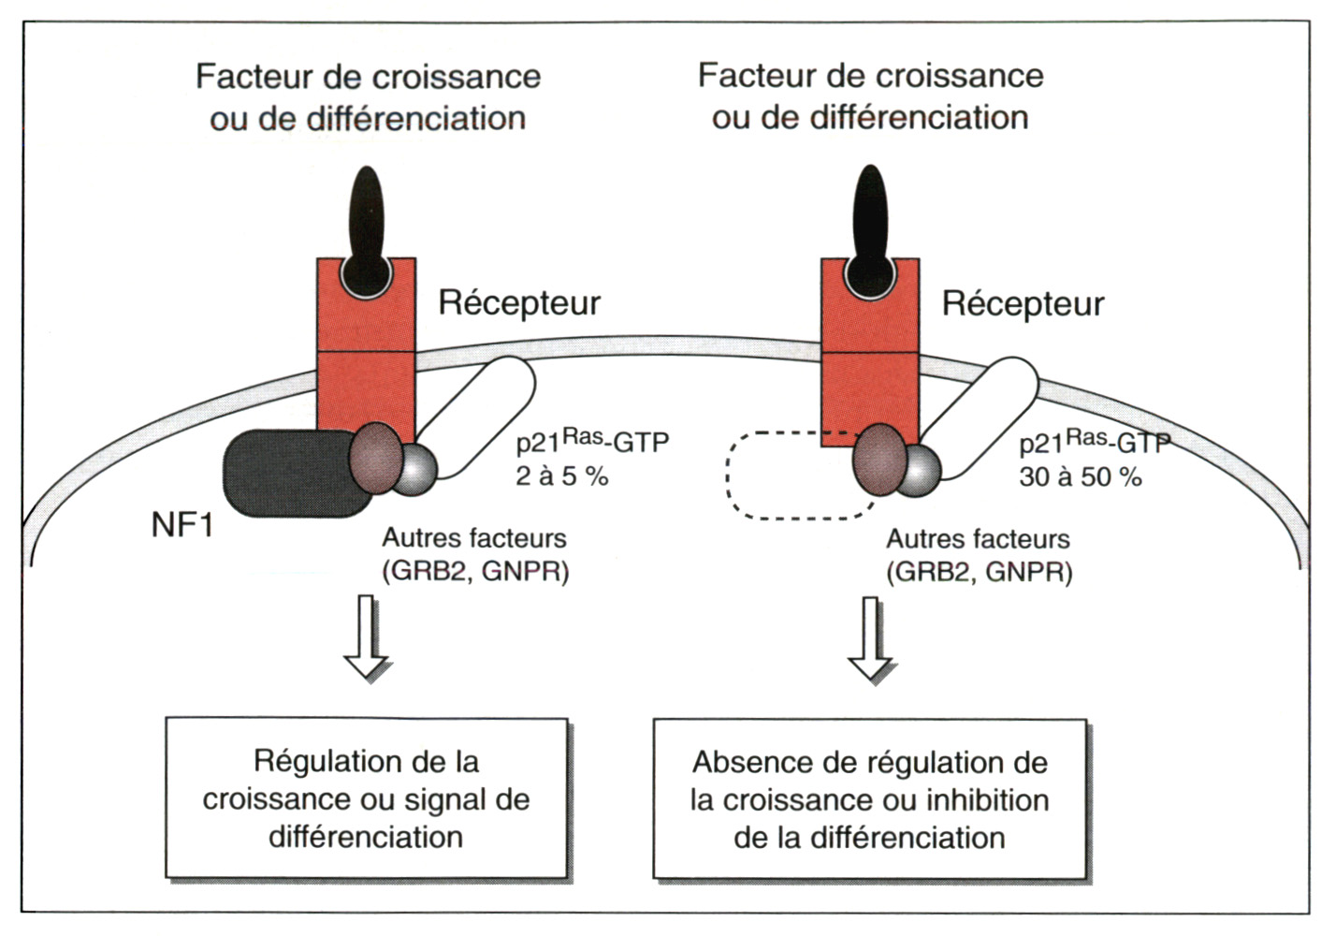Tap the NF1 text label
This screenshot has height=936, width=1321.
pyautogui.click(x=182, y=525)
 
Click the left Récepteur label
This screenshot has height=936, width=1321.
pyautogui.click(x=519, y=302)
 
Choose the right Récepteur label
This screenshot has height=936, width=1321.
pyautogui.click(x=1023, y=303)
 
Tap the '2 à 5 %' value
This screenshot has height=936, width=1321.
pyautogui.click(x=561, y=476)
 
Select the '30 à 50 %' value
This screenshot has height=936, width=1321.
pyautogui.click(x=1081, y=477)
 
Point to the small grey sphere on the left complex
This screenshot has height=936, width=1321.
pyautogui.click(x=415, y=469)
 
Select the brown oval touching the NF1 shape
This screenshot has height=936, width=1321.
pyautogui.click(x=376, y=458)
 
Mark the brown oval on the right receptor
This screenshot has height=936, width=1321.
pyautogui.click(x=879, y=459)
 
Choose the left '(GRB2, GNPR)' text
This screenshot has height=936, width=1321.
pyautogui.click(x=475, y=571)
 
